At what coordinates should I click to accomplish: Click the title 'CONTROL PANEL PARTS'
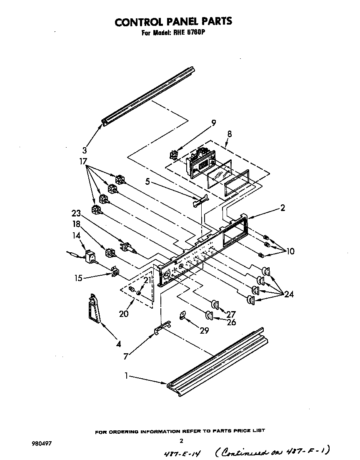(173, 21)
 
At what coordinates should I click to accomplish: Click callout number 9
(213, 123)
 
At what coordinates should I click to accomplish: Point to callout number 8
(230, 134)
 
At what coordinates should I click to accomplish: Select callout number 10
(290, 251)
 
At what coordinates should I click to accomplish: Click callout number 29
(204, 331)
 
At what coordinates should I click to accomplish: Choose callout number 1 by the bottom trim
(126, 376)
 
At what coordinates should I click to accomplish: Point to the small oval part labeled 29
(182, 316)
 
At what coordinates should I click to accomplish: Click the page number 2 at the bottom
(181, 440)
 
